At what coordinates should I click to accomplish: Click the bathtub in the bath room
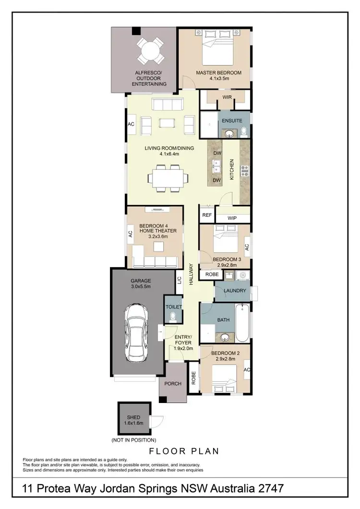[x=242, y=323]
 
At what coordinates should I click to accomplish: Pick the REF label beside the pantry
[x=207, y=215]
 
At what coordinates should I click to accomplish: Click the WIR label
[x=227, y=97]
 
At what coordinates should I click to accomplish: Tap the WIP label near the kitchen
[x=232, y=218]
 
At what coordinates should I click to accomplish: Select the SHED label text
[x=133, y=417]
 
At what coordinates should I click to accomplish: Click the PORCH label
[x=172, y=384]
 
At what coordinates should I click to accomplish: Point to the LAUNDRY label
[x=235, y=291]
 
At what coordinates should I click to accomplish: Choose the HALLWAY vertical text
[x=191, y=275]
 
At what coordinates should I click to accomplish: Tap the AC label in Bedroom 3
[x=247, y=247]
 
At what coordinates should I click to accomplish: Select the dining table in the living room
[x=166, y=178]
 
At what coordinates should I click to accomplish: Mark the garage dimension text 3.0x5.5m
[x=141, y=286]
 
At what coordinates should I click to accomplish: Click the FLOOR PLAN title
[x=184, y=451]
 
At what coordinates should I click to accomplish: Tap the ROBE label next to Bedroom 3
[x=212, y=275]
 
